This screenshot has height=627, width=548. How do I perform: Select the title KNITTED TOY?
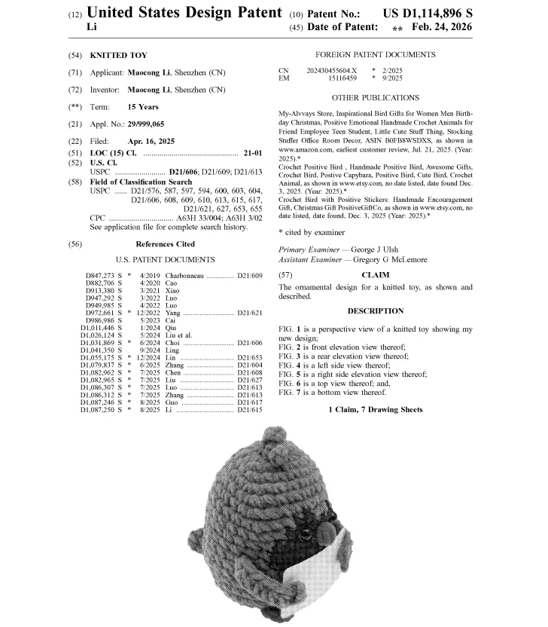coord(118,55)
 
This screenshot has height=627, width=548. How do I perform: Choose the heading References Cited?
coord(165,244)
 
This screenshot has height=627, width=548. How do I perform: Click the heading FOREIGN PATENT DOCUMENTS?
coord(376,55)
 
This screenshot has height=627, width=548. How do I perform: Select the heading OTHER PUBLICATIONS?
coord(376,98)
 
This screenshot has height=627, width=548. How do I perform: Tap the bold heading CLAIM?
coord(375,275)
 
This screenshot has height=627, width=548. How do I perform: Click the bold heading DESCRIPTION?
coord(375,311)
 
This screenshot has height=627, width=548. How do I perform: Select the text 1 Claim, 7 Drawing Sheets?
coord(375,409)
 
